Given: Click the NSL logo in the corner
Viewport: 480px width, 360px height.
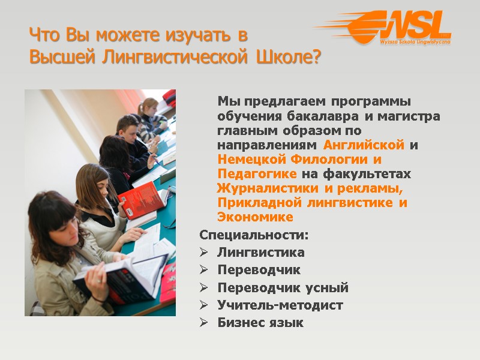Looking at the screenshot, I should pos(396,28).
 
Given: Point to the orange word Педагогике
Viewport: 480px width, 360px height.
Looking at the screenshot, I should pos(257,174).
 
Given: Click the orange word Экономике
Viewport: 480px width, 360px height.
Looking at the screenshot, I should pos(255,217).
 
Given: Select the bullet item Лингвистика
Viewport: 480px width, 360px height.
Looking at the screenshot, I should pos(261,253).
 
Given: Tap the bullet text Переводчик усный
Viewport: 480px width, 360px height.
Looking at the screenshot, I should pos(283,288).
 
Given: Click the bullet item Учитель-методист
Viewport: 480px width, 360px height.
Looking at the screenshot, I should pos(280,305).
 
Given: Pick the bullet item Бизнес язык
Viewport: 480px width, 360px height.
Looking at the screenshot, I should pos(260,323).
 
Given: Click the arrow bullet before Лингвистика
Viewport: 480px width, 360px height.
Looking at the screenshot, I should pos(204,253).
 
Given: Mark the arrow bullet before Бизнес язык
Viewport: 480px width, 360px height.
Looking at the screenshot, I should pos(204,323).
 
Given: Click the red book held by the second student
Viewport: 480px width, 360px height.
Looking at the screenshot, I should pos(140,198).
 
